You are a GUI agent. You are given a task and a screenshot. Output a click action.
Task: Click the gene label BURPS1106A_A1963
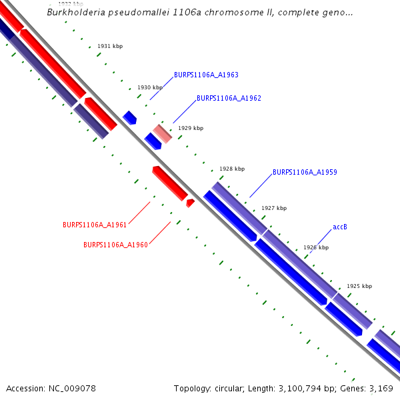click(206, 75)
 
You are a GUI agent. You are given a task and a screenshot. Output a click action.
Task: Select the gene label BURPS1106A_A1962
click(229, 98)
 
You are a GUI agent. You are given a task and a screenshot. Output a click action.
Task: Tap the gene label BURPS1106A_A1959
click(305, 172)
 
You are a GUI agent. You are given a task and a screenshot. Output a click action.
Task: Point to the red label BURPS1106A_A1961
click(95, 225)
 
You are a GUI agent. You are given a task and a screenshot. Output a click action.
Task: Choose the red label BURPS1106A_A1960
click(115, 245)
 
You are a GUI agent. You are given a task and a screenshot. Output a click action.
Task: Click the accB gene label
click(340, 227)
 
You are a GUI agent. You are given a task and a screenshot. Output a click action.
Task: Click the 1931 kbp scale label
click(110, 46)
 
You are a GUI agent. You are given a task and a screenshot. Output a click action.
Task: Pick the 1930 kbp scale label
click(150, 87)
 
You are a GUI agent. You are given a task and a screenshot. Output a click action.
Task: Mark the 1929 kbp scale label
click(191, 128)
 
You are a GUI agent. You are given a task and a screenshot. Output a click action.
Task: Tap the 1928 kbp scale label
click(232, 169)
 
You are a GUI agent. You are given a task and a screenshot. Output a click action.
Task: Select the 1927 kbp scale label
click(274, 208)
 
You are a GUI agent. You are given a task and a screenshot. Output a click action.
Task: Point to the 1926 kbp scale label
click(316, 247)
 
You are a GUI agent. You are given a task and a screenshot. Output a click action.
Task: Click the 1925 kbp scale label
click(359, 286)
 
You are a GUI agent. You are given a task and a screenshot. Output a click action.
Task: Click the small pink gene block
click(163, 133)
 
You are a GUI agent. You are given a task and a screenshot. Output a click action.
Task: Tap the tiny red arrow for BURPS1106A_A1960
click(190, 202)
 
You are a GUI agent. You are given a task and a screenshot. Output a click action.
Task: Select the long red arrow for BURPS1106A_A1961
click(169, 183)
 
